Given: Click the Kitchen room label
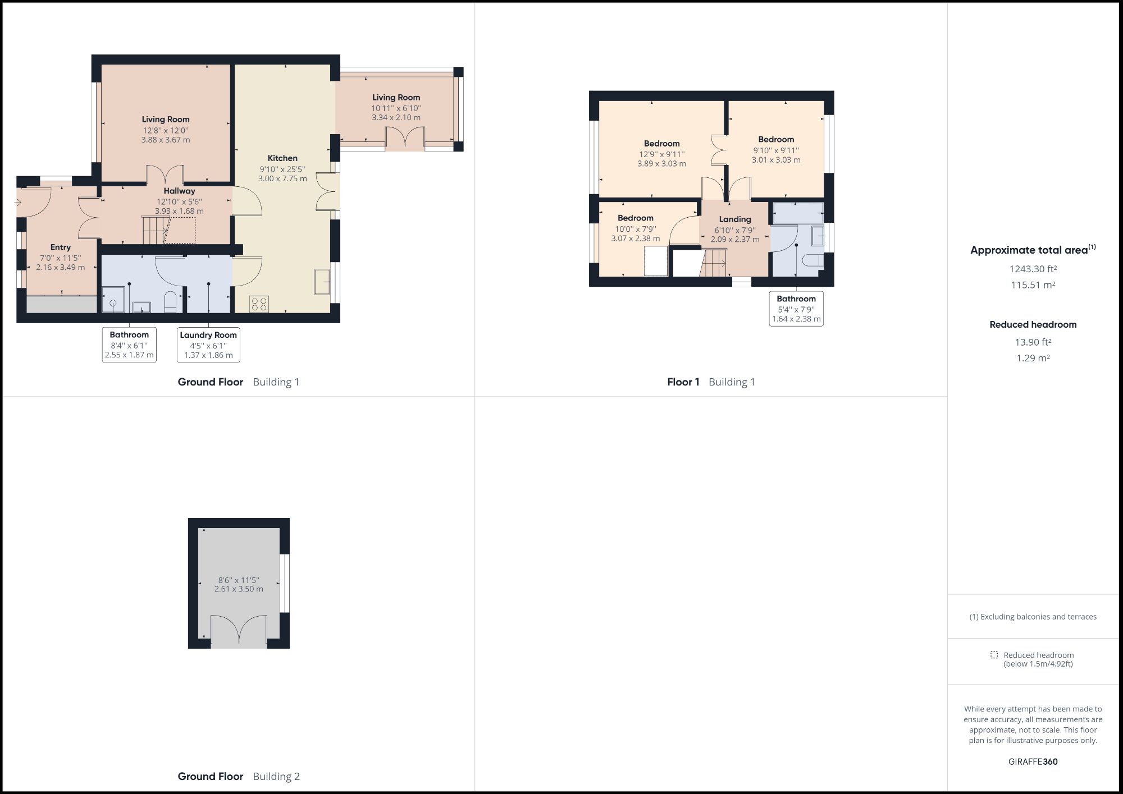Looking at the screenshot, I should [x=282, y=158].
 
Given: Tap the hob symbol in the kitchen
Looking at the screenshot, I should [x=259, y=304].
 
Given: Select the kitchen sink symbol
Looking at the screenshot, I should [x=322, y=281].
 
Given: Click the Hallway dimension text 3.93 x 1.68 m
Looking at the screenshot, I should [x=179, y=211].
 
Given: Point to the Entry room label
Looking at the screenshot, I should [x=61, y=247].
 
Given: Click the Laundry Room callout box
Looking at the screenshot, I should [x=208, y=345].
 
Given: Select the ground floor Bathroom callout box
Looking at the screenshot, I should [x=129, y=345].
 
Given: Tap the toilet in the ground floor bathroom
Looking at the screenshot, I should [x=171, y=302].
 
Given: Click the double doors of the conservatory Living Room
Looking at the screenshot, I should [x=404, y=139].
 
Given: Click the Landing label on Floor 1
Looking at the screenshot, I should [x=735, y=219].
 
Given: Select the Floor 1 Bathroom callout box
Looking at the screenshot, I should [x=796, y=309].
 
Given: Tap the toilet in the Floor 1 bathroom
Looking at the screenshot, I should [x=812, y=260].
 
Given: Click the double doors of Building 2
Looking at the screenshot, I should [x=239, y=630].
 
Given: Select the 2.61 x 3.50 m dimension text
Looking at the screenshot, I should [x=239, y=589].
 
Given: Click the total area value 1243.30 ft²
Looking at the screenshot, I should [x=1033, y=269].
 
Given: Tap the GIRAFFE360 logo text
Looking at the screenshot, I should [x=1033, y=761].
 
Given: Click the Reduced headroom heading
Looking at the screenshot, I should [x=1033, y=324].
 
